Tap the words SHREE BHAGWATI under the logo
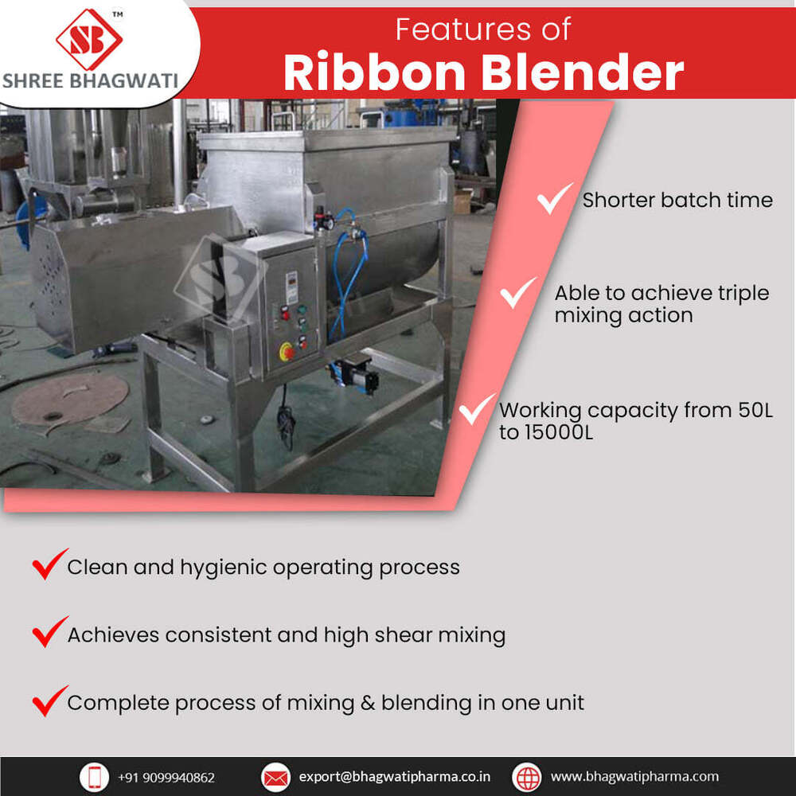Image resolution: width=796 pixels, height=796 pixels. click(89, 81)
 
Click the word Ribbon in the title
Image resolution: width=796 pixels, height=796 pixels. click(374, 72)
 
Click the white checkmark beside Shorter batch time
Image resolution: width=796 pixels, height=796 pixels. click(555, 198)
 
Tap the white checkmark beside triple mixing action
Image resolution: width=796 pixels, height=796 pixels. click(518, 293)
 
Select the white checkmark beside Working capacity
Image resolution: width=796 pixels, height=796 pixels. click(478, 410)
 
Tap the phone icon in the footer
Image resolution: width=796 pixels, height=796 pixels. click(94, 777)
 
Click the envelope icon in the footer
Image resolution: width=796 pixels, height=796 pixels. click(275, 777)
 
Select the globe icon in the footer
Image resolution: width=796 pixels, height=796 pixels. click(526, 777)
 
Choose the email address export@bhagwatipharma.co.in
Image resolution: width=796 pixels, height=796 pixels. click(395, 777)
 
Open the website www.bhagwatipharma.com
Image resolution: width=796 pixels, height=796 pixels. click(634, 777)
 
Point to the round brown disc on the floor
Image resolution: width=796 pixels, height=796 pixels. click(70, 398)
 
